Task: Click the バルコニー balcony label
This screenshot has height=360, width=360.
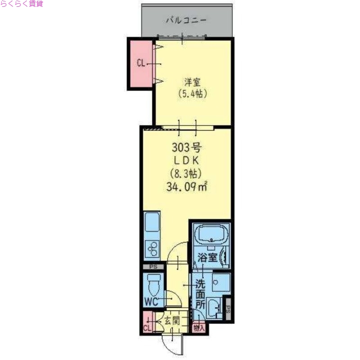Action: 186,20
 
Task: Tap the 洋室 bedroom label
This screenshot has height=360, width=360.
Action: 192,83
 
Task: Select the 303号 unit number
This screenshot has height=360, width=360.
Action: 186,148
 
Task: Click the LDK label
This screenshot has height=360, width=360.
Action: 186,160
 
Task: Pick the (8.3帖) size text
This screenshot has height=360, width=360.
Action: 186,173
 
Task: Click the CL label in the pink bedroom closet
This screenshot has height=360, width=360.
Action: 141,63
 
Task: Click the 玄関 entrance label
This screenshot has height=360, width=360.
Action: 171,320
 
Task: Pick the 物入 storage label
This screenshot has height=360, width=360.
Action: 198,328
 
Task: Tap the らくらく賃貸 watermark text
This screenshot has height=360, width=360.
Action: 22,4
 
